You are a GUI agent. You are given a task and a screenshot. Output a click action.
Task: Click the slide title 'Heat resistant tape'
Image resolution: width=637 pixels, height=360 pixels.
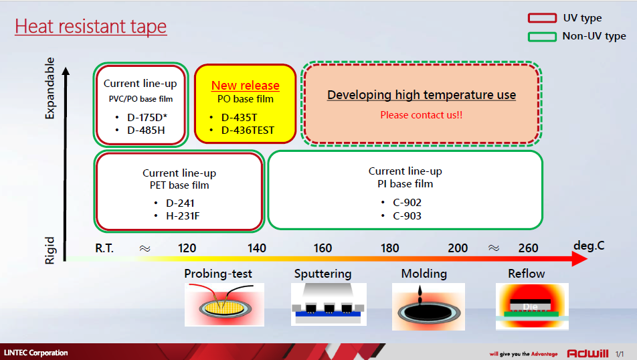(x=90, y=26)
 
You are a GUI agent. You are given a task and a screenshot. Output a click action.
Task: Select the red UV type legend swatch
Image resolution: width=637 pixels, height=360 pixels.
(x=542, y=18)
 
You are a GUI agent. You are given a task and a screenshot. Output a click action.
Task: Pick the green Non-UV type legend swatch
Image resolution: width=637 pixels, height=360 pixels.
(x=542, y=37)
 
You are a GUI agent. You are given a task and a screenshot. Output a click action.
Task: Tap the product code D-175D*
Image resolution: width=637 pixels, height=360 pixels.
(x=147, y=117)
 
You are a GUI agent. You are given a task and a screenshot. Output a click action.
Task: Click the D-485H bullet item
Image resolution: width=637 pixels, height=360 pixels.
(x=146, y=130)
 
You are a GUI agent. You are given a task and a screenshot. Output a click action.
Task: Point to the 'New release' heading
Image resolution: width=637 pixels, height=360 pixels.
(x=246, y=86)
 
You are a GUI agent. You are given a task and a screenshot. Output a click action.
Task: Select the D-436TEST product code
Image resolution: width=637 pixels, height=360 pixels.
(x=248, y=130)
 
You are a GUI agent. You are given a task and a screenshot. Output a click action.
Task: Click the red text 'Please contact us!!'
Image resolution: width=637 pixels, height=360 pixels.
(x=422, y=115)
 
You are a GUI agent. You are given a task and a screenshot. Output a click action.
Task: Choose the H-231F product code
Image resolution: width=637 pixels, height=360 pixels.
(x=183, y=215)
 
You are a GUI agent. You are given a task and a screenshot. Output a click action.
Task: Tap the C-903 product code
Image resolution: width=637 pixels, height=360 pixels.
(x=407, y=215)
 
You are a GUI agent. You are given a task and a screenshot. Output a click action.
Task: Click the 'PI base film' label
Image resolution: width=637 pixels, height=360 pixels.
(x=405, y=184)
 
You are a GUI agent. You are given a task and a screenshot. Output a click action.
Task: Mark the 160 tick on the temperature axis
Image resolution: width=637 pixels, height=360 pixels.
(x=323, y=248)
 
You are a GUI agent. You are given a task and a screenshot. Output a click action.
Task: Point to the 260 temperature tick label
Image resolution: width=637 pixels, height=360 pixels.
(x=528, y=248)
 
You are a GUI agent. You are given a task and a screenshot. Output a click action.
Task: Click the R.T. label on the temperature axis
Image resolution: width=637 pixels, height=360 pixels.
(x=104, y=248)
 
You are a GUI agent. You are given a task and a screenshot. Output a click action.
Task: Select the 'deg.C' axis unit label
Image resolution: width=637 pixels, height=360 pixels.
(x=589, y=246)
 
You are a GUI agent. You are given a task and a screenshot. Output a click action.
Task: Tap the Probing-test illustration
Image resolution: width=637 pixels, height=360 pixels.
(x=224, y=304)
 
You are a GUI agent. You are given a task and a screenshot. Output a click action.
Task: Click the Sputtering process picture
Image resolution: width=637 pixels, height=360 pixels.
(x=329, y=304)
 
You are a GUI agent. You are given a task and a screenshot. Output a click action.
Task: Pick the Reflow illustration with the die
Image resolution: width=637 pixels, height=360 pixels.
(x=532, y=306)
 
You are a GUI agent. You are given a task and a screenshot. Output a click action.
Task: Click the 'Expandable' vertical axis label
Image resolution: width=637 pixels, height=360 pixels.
(x=50, y=88)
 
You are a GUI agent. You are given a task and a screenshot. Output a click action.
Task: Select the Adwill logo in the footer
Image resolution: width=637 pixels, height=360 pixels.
(x=587, y=353)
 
